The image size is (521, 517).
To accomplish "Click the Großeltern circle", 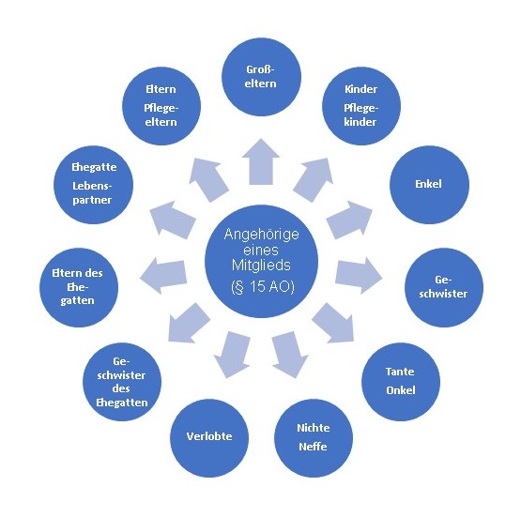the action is (261, 77).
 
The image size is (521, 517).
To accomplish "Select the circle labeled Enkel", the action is (429, 185).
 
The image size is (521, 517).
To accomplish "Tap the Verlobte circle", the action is (209, 438).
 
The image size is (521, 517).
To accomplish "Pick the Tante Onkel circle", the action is (401, 382).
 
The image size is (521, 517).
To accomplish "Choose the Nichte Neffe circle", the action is (314, 438).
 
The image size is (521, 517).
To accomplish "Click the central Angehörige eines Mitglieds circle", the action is (262, 262).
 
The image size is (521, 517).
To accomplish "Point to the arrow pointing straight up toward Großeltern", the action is (261, 161).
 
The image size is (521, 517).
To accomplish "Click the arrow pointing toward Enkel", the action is (349, 220).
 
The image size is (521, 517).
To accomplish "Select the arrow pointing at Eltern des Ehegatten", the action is (163, 275).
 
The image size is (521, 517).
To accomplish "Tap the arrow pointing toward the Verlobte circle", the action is (232, 355).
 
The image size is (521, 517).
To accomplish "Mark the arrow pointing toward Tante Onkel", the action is (332, 323).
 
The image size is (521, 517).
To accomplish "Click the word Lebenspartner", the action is (92, 192).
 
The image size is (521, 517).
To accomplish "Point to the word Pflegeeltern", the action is (161, 114).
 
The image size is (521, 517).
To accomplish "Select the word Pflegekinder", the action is (360, 114).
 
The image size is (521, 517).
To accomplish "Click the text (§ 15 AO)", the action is (263, 287).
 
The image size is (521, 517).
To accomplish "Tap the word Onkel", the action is (401, 390).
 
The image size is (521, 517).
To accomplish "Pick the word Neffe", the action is (313, 447).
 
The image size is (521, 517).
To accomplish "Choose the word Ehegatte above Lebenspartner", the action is (94, 167).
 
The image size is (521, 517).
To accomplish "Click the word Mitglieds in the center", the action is (261, 265).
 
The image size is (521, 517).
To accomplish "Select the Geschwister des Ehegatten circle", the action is (122, 382).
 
